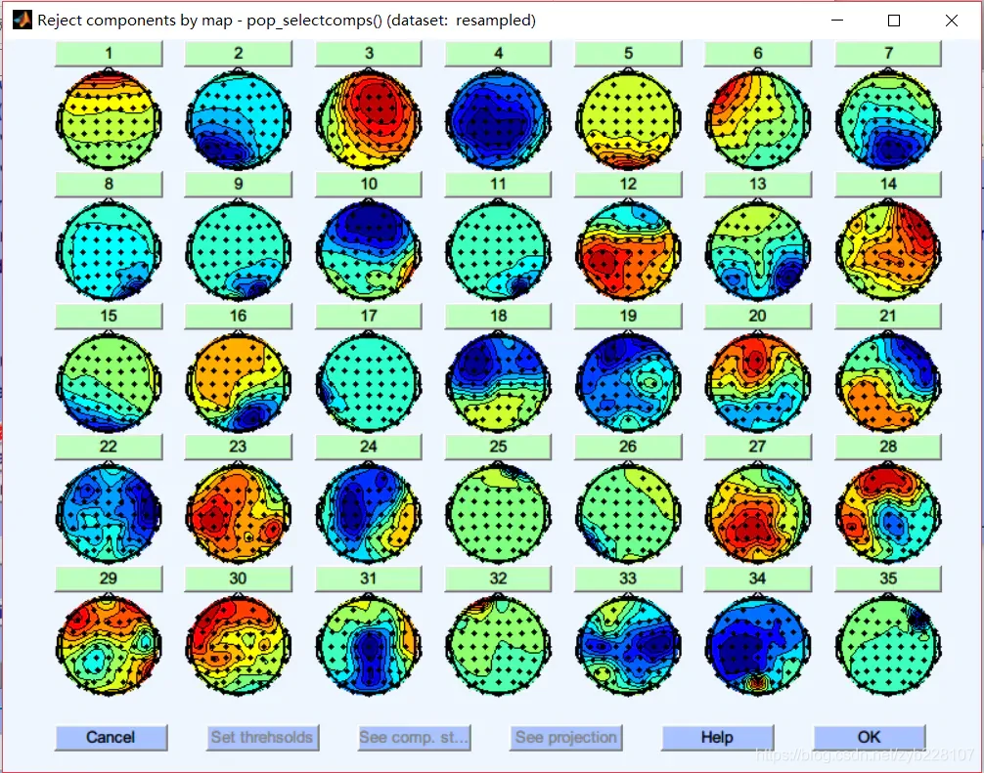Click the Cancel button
pos(111,737)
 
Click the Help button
pos(717,737)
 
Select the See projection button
pos(565,737)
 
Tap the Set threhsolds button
pos(262,737)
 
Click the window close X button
pos(951,21)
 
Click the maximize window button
pos(893,21)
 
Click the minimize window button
pos(837,21)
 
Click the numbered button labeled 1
pos(108,54)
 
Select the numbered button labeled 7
pos(887,54)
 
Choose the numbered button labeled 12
pos(628,184)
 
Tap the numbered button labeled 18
pos(498,316)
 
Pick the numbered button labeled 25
pos(498,447)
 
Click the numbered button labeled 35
pos(887,578)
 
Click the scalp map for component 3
pos(369,121)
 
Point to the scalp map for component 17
pos(369,382)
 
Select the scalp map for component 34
pos(757,644)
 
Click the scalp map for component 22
pos(109,513)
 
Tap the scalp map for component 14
pos(887,251)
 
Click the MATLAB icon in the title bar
pos(22,21)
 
